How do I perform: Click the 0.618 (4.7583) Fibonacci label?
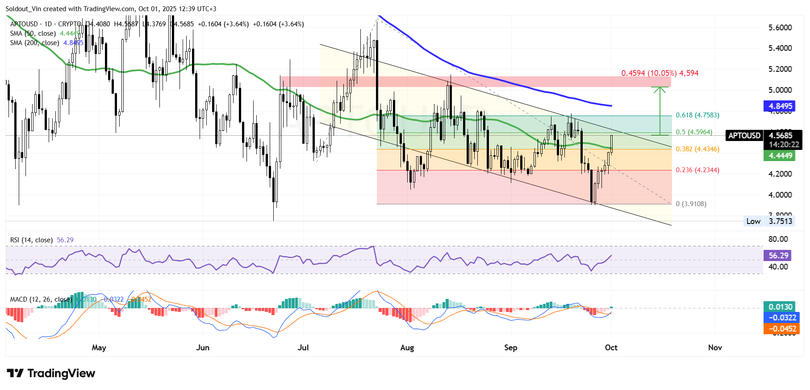(x=697, y=115)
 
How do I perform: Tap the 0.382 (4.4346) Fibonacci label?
(x=697, y=149)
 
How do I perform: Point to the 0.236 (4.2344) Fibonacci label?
(x=697, y=170)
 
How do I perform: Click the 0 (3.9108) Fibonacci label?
(x=691, y=204)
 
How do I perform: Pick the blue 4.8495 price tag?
(x=780, y=106)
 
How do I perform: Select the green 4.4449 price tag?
(x=780, y=156)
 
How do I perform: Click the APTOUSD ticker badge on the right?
(x=744, y=136)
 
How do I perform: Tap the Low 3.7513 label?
(x=769, y=221)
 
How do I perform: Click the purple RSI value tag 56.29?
(x=778, y=256)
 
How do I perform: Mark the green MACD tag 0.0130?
(x=780, y=307)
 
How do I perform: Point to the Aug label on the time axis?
(x=407, y=348)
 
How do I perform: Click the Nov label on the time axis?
(x=715, y=348)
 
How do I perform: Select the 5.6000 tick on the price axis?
(x=780, y=28)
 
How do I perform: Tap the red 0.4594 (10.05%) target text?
(x=660, y=73)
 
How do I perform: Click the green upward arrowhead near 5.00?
(x=660, y=89)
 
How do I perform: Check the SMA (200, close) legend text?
(x=35, y=43)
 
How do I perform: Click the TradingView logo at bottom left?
(x=51, y=373)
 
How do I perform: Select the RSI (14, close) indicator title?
(x=31, y=240)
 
